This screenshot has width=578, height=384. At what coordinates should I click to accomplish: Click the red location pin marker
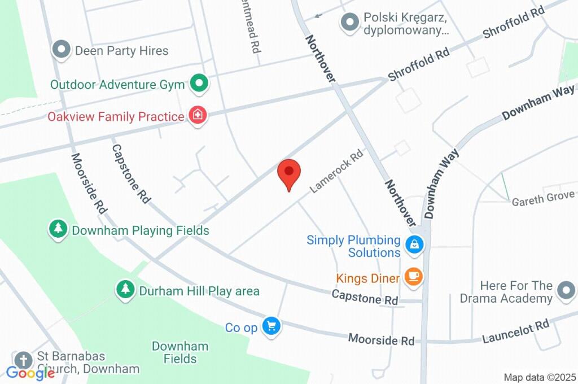[x=289, y=173]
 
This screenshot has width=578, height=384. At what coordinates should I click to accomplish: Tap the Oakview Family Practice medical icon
[x=198, y=116]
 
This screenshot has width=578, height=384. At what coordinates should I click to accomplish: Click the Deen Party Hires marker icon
[x=60, y=50]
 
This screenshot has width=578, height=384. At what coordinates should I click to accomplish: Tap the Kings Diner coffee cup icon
[x=414, y=276]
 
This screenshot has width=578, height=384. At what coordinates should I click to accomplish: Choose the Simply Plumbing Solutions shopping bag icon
[x=414, y=244]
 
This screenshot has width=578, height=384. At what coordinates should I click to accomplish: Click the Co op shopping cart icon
[x=272, y=326]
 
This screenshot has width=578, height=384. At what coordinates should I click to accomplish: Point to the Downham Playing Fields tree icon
[x=58, y=229]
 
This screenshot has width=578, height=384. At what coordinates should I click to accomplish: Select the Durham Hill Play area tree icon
[x=125, y=290]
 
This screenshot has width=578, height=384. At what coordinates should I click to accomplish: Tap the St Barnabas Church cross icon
[x=23, y=360]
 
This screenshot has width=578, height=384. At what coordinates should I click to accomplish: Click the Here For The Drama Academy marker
[x=564, y=291]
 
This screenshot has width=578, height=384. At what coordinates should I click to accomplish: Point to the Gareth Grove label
[x=543, y=198]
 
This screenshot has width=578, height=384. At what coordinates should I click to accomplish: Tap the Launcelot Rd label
[x=515, y=331]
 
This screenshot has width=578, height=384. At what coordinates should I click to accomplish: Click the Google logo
[x=30, y=373]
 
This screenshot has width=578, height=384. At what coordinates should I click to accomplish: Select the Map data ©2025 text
[x=540, y=377]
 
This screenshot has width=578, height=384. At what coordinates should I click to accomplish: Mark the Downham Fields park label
[x=180, y=352]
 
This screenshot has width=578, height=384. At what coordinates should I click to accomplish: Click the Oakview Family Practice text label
[x=116, y=117]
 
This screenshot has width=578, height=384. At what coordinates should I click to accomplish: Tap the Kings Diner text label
[x=368, y=278]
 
